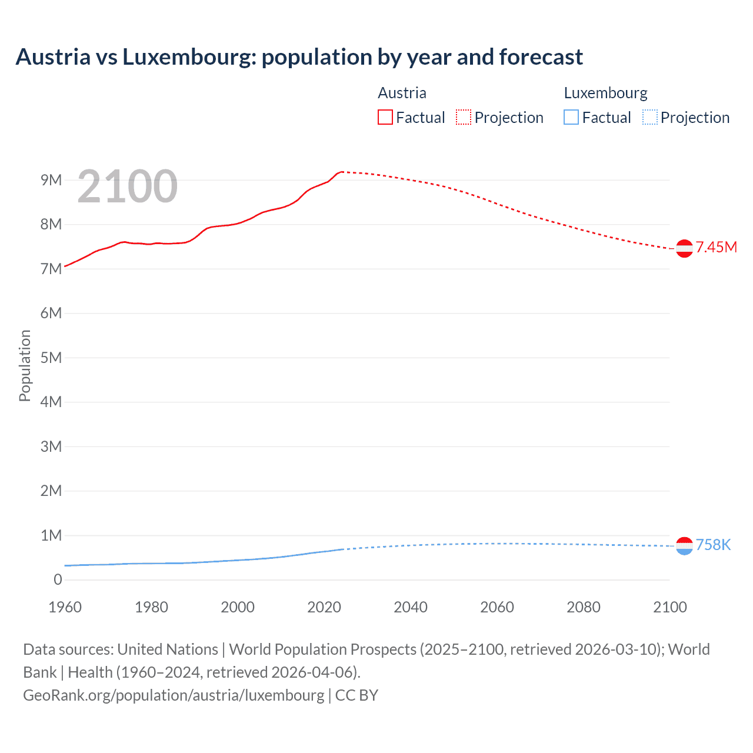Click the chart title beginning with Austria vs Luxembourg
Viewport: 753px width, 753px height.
point(299,57)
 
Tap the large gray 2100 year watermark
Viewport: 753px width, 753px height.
point(127,186)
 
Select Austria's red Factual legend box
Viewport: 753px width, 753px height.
point(385,118)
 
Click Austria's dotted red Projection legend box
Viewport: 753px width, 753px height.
point(464,118)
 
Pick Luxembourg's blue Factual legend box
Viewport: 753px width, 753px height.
point(571,118)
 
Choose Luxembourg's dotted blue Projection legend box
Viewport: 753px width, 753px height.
point(649,118)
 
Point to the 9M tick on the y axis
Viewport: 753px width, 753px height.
point(51,180)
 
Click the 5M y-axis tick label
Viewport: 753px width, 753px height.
point(51,358)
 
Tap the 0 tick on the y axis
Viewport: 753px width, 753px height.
point(58,579)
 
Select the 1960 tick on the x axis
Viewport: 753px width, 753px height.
point(65,607)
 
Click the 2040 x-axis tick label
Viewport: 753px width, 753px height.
point(411,607)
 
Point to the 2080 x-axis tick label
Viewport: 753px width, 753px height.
point(584,607)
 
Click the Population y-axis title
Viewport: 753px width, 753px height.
point(25,365)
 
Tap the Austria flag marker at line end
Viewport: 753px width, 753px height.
point(684,249)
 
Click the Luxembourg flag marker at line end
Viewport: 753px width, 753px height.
point(684,546)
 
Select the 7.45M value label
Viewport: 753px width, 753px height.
point(716,247)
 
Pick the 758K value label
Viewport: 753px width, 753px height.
point(713,545)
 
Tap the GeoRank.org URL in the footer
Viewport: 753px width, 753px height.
point(174,695)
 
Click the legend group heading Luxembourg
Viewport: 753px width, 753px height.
point(605,93)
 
